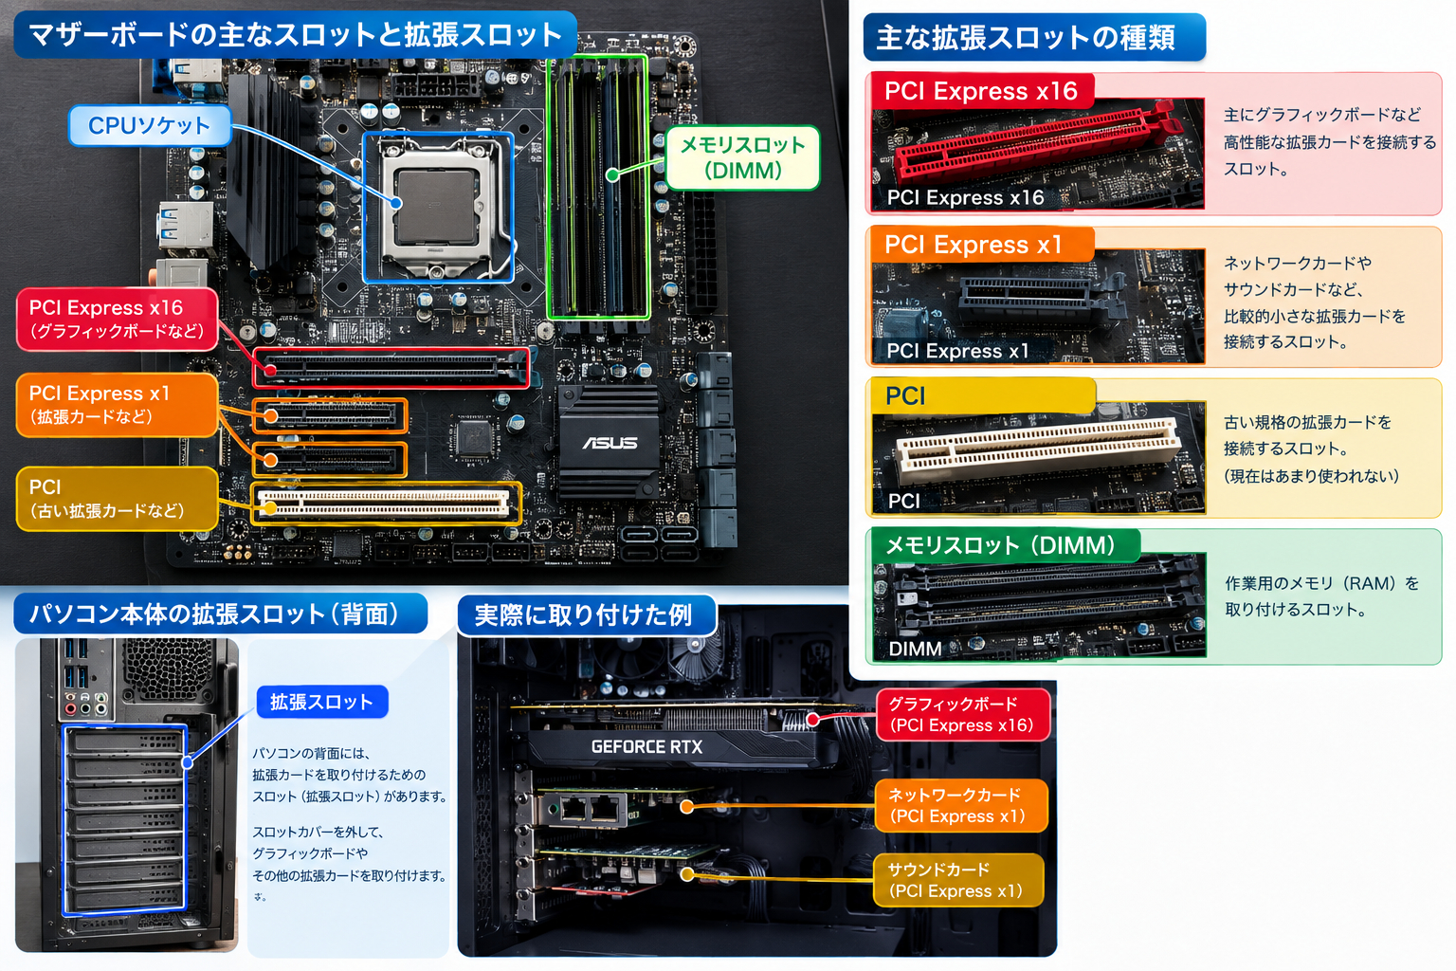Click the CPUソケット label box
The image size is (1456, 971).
coord(150,125)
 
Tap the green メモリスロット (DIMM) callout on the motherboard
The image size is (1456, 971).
coord(742,157)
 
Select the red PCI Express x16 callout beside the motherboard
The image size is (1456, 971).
coord(117,319)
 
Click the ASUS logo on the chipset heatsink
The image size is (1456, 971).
coord(610,443)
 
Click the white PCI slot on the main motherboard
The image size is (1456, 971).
coord(385,504)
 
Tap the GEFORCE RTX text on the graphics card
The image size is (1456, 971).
coord(646,746)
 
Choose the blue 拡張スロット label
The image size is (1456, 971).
coord(322,702)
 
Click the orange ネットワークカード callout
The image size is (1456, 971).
coord(960,806)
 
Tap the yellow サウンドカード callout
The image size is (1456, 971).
coord(958,880)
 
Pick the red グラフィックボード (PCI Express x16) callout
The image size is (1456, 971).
coord(963,714)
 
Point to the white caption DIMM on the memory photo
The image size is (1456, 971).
coord(915,649)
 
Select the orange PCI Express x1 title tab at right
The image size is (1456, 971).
coord(981,245)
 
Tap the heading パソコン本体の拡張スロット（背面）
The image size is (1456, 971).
coord(220,614)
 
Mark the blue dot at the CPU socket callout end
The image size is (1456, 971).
coord(396,204)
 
